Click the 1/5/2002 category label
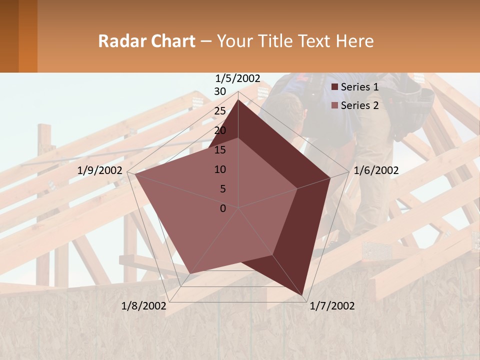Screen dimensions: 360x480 pos(238,78)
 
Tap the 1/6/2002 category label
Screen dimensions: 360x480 pos(376,170)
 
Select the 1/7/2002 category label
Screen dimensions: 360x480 pos(332,306)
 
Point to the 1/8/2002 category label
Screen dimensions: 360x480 pos(144,306)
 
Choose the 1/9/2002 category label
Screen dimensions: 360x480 pos(100,170)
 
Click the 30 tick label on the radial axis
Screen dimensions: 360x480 pos(220,91)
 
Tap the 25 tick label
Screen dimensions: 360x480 pos(220,111)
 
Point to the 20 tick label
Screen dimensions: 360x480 pos(220,130)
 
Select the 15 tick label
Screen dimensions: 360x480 pos(220,150)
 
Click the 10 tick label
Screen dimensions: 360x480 pos(220,169)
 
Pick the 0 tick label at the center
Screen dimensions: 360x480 pos(223,208)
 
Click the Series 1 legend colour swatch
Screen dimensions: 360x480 pos(335,87)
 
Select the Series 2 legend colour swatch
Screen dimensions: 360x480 pos(335,105)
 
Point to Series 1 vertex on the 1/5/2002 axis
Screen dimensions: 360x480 pos(238,100)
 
